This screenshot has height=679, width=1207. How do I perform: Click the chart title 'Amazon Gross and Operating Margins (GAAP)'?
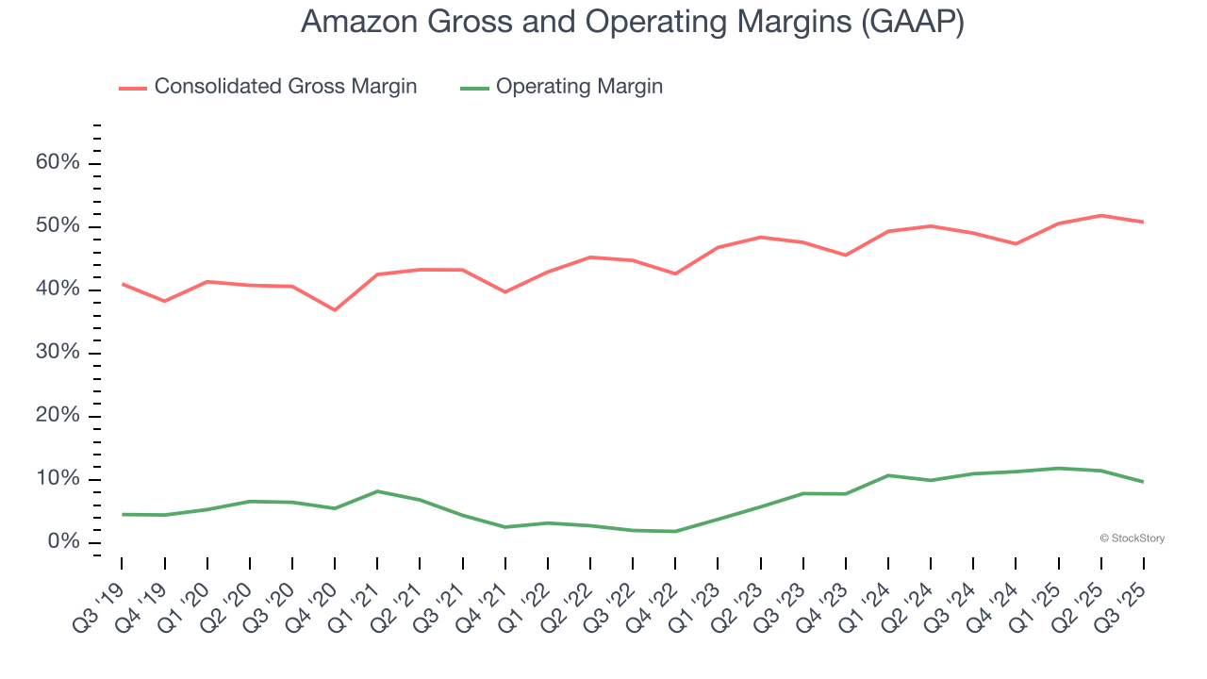[632, 22]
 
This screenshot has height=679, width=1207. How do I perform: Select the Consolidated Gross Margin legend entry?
[268, 87]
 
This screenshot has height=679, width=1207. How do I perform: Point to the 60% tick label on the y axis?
[57, 163]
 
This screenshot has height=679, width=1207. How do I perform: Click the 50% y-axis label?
[57, 226]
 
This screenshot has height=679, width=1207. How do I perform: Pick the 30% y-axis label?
[57, 353]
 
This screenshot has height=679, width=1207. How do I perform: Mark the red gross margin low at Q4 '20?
[335, 310]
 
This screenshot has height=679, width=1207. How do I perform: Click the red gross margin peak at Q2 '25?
[1100, 215]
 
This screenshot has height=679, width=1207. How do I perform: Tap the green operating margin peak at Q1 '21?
[377, 491]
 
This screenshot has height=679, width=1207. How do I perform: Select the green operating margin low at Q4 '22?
[675, 531]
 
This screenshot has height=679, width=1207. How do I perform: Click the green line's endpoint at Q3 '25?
[1143, 482]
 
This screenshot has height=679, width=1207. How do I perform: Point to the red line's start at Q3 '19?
[123, 284]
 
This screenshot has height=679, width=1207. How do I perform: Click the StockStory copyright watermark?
[1132, 538]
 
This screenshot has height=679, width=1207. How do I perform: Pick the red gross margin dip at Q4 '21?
[505, 292]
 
